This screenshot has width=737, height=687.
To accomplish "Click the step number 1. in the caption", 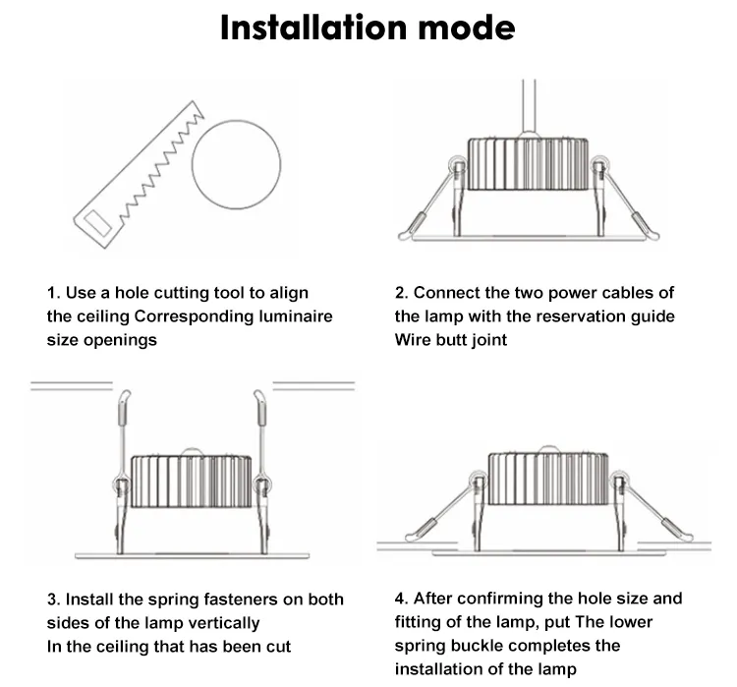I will [x=54, y=293].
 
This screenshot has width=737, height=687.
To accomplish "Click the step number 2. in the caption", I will [x=401, y=293].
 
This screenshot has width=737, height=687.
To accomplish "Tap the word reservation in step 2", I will [x=582, y=316].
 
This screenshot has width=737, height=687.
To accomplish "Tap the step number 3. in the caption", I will [x=54, y=600].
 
